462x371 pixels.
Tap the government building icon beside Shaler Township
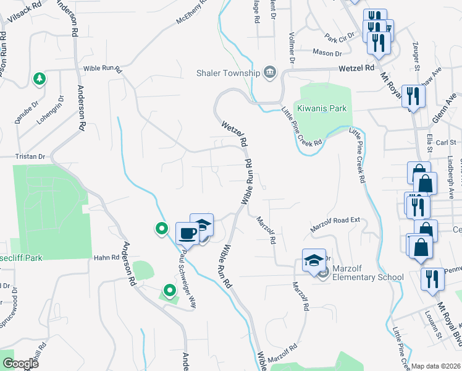click(269, 72)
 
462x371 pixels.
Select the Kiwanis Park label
click(322, 108)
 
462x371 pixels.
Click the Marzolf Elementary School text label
click(367, 273)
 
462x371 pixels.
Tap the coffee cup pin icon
click(187, 233)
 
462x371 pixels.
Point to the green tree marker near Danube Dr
click(39, 79)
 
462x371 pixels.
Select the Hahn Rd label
click(106, 257)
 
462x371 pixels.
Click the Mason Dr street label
click(327, 53)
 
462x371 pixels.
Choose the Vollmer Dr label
click(290, 51)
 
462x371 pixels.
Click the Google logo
click(20, 363)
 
